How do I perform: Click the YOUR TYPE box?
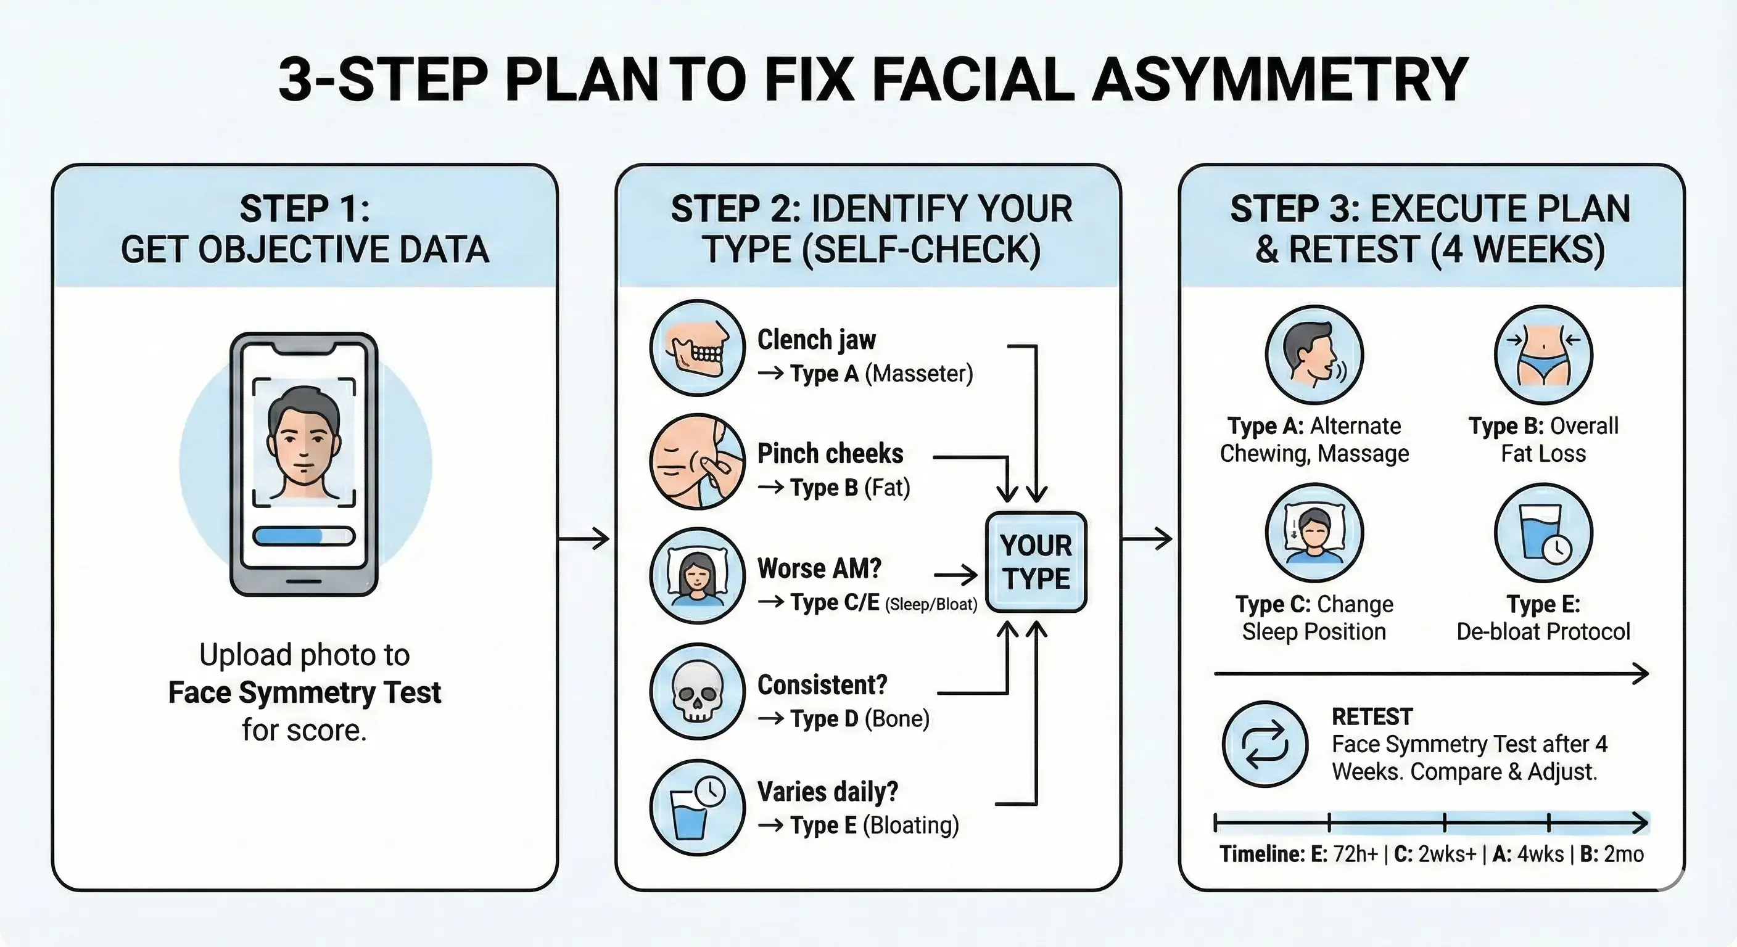click(x=1036, y=562)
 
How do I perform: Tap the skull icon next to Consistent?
click(x=697, y=691)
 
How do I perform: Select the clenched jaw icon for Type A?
click(x=697, y=348)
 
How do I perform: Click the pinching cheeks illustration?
click(x=697, y=462)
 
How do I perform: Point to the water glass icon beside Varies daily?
click(x=697, y=808)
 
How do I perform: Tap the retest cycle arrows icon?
click(x=1265, y=744)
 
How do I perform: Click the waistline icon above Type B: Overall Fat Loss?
click(x=1543, y=355)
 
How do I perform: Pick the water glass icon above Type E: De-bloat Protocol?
click(x=1543, y=533)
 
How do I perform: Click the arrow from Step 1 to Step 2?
click(x=584, y=538)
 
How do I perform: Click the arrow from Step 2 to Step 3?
click(x=1147, y=538)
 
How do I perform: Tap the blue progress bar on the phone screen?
click(x=303, y=536)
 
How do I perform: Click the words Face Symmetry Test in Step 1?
click(x=304, y=692)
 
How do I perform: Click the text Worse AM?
click(x=819, y=568)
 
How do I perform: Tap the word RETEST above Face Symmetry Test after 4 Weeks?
click(x=1372, y=716)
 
